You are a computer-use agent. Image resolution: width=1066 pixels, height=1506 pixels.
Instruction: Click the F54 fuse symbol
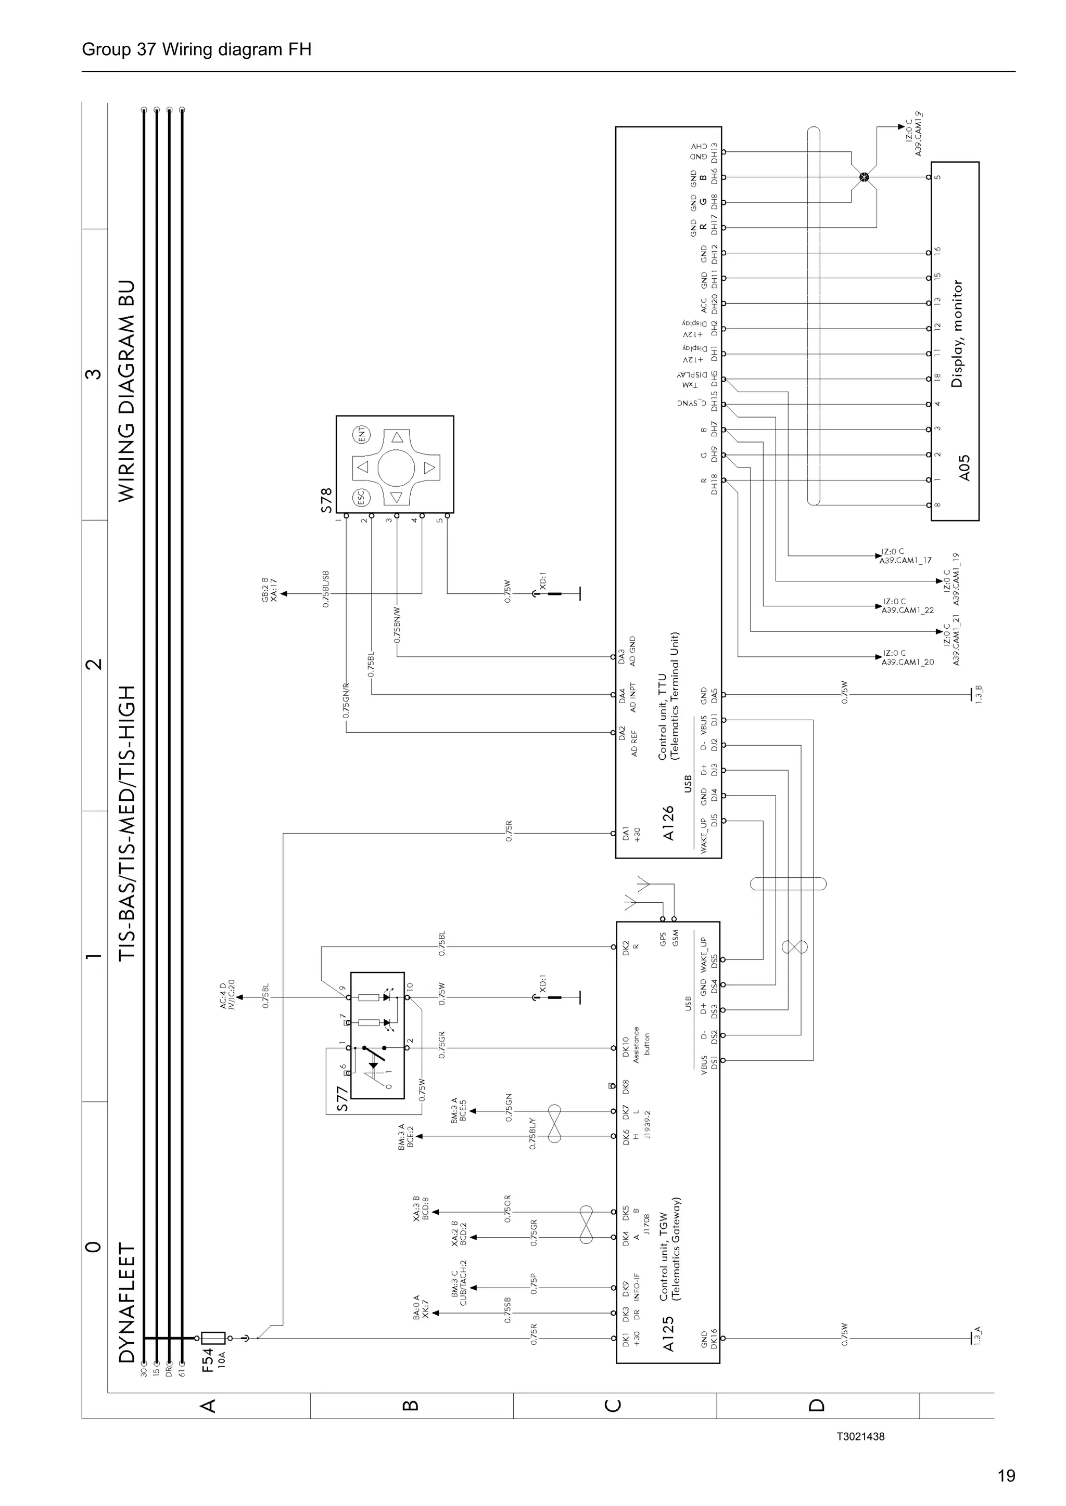[213, 1338]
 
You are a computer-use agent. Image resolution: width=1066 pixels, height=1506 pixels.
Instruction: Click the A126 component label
[668, 824]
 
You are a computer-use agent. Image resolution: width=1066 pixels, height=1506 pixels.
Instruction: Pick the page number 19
[1006, 1476]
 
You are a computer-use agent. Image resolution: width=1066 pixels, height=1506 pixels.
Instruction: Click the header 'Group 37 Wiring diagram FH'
[196, 49]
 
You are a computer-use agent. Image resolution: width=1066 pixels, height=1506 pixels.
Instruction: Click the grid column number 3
[95, 374]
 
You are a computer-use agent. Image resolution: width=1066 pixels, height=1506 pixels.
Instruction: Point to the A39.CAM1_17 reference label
[906, 560]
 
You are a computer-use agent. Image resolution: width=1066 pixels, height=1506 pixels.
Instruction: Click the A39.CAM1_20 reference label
[907, 663]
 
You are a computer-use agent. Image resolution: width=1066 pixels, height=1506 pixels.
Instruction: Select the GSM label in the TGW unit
[675, 939]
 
